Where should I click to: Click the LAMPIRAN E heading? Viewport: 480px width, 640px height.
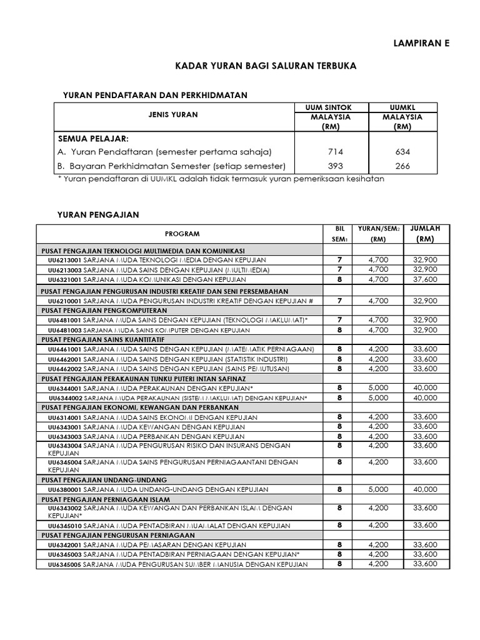coord(421,43)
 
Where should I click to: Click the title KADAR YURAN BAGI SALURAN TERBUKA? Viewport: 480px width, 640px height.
coord(266,66)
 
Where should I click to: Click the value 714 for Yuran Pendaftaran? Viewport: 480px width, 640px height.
coord(336,152)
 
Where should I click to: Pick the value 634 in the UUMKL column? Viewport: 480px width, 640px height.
coord(402,152)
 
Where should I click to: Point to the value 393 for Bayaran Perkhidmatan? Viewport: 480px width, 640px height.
coord(336,166)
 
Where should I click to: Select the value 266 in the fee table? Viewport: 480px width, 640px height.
coord(402,166)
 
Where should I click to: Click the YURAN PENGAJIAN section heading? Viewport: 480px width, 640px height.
coord(98,214)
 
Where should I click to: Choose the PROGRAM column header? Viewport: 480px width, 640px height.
coord(182,234)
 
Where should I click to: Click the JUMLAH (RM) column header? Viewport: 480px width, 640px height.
coord(425,234)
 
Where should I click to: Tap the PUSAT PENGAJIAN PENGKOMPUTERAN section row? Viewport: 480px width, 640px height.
coord(104,310)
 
